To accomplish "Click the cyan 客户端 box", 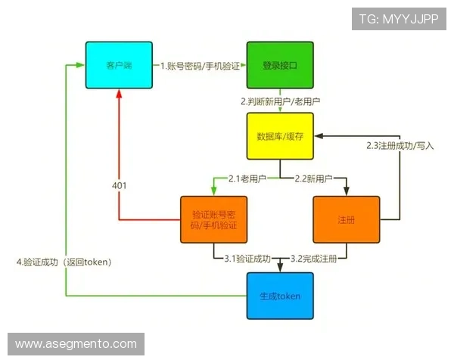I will coord(119,66).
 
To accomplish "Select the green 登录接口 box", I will coord(279,66).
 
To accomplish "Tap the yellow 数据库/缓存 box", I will coord(279,136).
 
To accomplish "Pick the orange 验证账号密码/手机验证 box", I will coord(213,219).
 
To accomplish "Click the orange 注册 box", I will coord(346,219).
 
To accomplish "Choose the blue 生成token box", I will coord(279,296).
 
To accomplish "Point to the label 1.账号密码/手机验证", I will coord(200,67).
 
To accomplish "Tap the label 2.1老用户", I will coord(246,179).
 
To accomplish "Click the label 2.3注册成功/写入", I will coord(400,145).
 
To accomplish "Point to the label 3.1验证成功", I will coord(247,259).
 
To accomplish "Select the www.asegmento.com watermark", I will coord(76,344).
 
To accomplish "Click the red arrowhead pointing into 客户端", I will coord(119,96).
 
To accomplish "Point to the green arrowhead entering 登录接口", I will coord(244,66).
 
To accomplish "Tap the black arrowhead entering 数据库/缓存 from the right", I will coord(317,136).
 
